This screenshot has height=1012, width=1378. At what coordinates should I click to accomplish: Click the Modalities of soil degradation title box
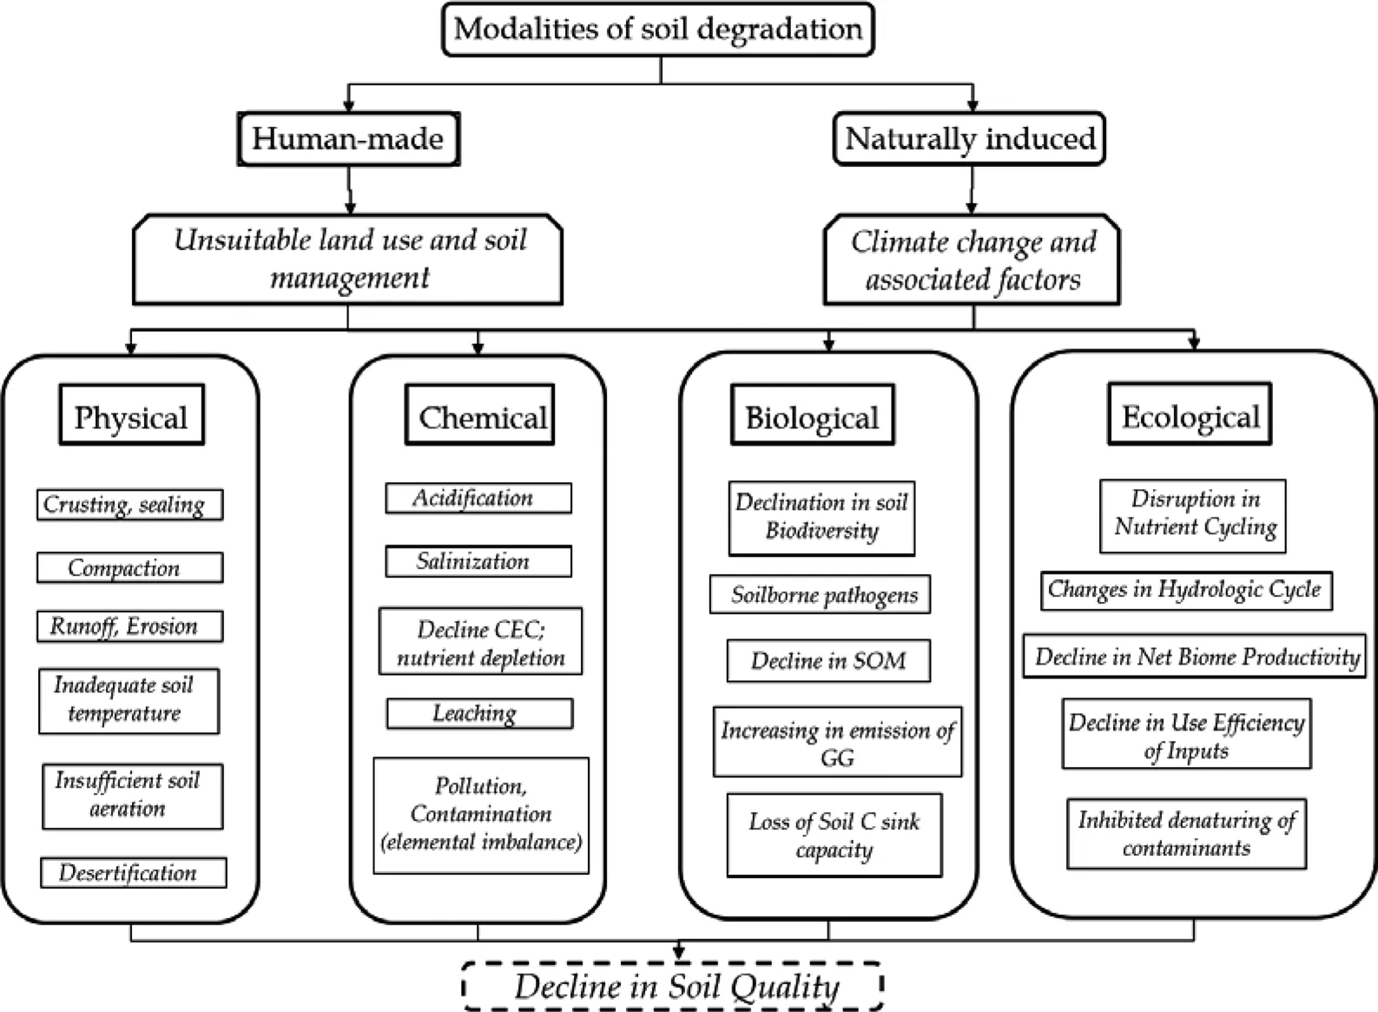[x=658, y=30]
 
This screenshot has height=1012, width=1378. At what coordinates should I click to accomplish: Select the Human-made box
[x=348, y=139]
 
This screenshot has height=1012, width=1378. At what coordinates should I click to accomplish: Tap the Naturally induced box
[x=969, y=139]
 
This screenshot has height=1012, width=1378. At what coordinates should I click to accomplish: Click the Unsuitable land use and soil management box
[x=348, y=259]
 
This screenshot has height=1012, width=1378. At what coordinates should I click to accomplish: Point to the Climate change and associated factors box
[x=972, y=260]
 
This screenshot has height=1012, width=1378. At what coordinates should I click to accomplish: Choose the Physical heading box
[x=131, y=416]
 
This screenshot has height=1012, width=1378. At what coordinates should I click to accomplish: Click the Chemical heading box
[x=480, y=416]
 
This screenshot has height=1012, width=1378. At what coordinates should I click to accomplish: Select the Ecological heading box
[x=1190, y=416]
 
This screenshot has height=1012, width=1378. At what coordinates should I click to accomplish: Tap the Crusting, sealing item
[x=129, y=505]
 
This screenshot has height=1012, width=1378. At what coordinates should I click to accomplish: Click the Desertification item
[x=133, y=873]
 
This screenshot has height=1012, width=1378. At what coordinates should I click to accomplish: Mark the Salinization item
[x=478, y=561]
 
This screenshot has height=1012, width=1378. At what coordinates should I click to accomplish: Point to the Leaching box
[x=479, y=713]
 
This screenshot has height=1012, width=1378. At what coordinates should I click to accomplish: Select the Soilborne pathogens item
[x=821, y=595]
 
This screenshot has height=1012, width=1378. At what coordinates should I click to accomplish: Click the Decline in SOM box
[x=828, y=661]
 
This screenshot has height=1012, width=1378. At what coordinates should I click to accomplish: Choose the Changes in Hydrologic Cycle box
[x=1186, y=591]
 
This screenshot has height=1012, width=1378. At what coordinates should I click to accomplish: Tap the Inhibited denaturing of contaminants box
[x=1186, y=834]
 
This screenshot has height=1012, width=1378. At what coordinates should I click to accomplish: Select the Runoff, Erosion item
[x=129, y=626]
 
